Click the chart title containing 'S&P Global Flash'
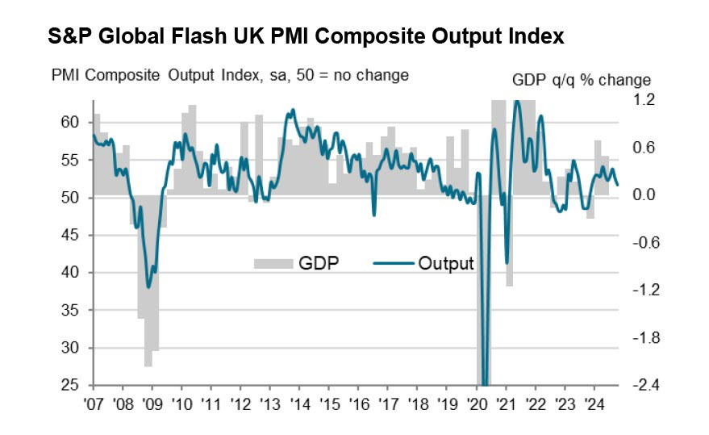(305, 37)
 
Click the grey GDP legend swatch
(273, 263)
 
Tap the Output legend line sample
(394, 263)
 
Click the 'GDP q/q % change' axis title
(581, 80)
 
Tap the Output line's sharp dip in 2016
(373, 214)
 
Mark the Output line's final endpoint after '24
(618, 185)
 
